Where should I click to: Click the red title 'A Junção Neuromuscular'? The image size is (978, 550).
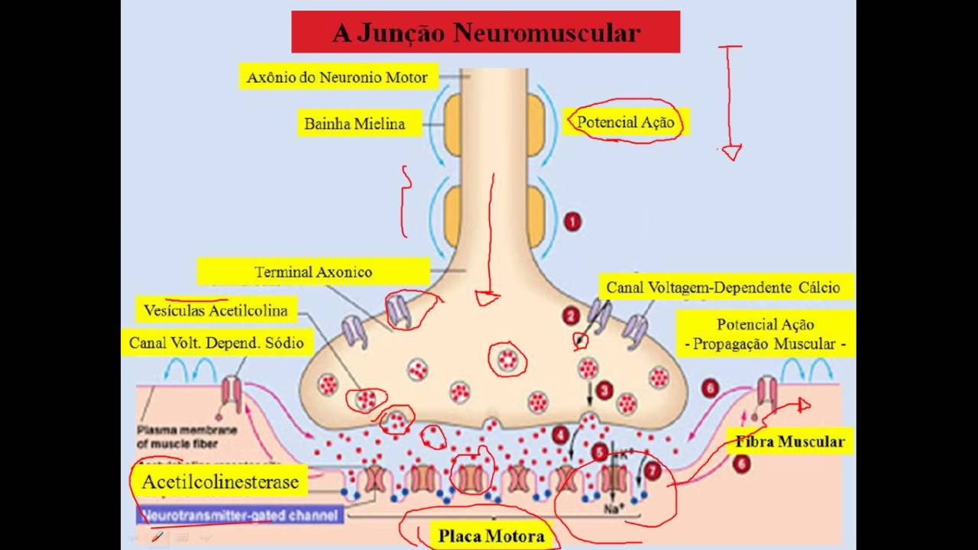pos(485,33)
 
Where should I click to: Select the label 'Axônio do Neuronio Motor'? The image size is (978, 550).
pos(337,77)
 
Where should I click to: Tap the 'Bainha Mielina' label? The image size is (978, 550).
pos(355,123)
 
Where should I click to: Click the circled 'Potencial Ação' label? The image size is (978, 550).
pos(626,121)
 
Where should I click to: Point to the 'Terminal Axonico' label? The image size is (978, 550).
pos(313,272)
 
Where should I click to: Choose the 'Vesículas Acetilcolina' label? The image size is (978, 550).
pos(215,310)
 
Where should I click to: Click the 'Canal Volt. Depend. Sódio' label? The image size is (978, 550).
pos(216,343)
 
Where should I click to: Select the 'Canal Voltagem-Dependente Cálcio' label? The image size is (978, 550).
pos(723,287)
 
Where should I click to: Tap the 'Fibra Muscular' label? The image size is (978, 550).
pos(790,442)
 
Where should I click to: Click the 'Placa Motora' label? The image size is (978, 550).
pos(491,535)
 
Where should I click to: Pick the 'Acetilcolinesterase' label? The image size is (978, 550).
pos(220,482)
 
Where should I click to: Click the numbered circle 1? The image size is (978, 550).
pos(572,222)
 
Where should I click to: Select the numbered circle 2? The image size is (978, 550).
pos(570,315)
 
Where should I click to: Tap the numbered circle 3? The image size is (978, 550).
pos(604,390)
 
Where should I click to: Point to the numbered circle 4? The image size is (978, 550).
pos(561,435)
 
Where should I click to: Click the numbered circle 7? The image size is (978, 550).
pos(652,471)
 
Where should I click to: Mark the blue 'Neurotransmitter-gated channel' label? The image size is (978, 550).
pos(238,516)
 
